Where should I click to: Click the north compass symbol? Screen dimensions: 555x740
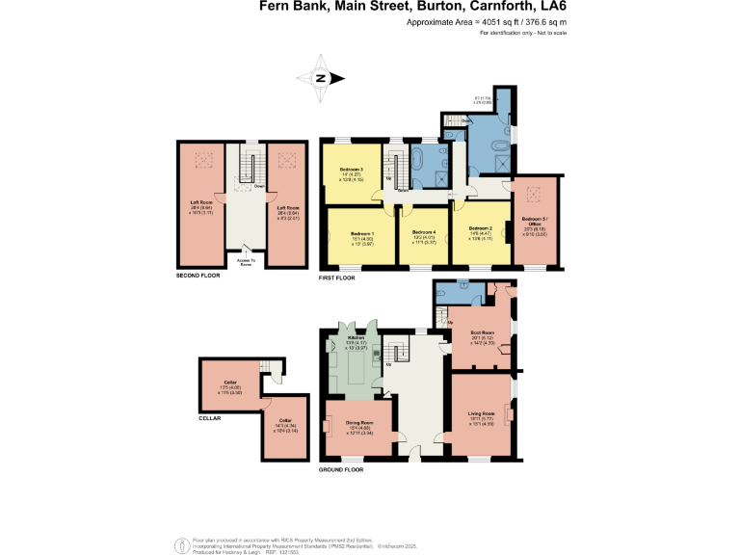pyautogui.click(x=322, y=79)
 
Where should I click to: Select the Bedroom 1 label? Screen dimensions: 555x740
pyautogui.click(x=361, y=234)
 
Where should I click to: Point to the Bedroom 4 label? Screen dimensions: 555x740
pyautogui.click(x=424, y=233)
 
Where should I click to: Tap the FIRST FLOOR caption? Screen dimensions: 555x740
pyautogui.click(x=337, y=277)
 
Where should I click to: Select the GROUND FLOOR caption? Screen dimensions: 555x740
pyautogui.click(x=342, y=469)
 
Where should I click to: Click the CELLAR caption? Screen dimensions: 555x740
pyautogui.click(x=210, y=418)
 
